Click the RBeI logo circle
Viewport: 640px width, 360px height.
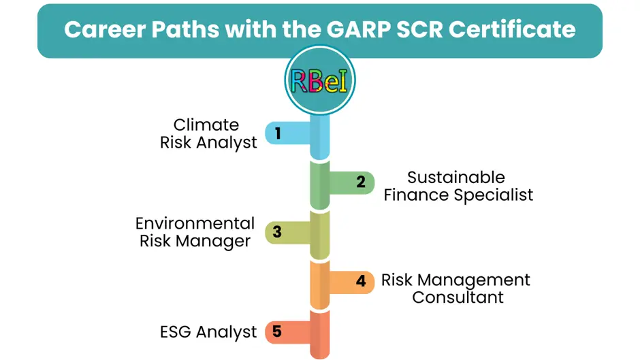tap(319, 80)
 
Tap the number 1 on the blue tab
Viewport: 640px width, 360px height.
tap(278, 133)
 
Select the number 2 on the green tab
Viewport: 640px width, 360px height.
tap(361, 182)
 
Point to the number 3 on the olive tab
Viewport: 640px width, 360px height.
tap(277, 232)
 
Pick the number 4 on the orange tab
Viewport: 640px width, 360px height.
tap(361, 281)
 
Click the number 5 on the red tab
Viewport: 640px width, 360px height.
tap(277, 331)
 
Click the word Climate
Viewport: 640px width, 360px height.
tap(206, 125)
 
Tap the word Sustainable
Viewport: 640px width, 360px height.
tap(456, 178)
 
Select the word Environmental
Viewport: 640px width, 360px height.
tap(195, 224)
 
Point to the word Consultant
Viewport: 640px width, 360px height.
tap(458, 297)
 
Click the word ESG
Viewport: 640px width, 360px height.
tap(176, 332)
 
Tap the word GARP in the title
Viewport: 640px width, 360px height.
tap(358, 29)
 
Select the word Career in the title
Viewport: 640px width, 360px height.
tap(104, 29)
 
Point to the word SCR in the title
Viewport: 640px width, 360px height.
tap(419, 29)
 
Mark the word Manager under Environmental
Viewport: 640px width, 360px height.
tap(213, 242)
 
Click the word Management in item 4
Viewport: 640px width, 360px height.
tap(473, 280)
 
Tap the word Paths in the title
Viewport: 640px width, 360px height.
tap(185, 29)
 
